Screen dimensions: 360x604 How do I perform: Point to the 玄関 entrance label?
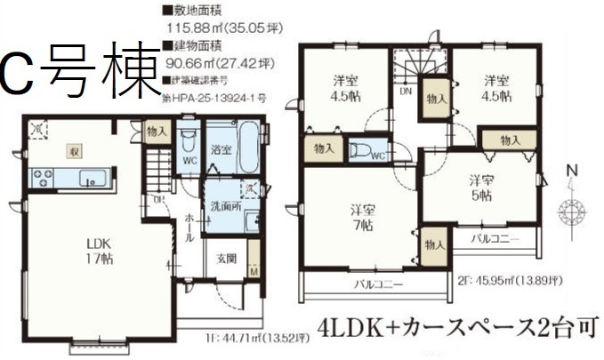(226, 260)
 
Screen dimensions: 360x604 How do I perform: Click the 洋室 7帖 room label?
(361, 219)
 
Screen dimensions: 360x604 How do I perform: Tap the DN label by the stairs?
(406, 91)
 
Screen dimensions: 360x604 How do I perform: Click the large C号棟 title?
(80, 73)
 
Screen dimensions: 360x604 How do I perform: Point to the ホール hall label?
(190, 228)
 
